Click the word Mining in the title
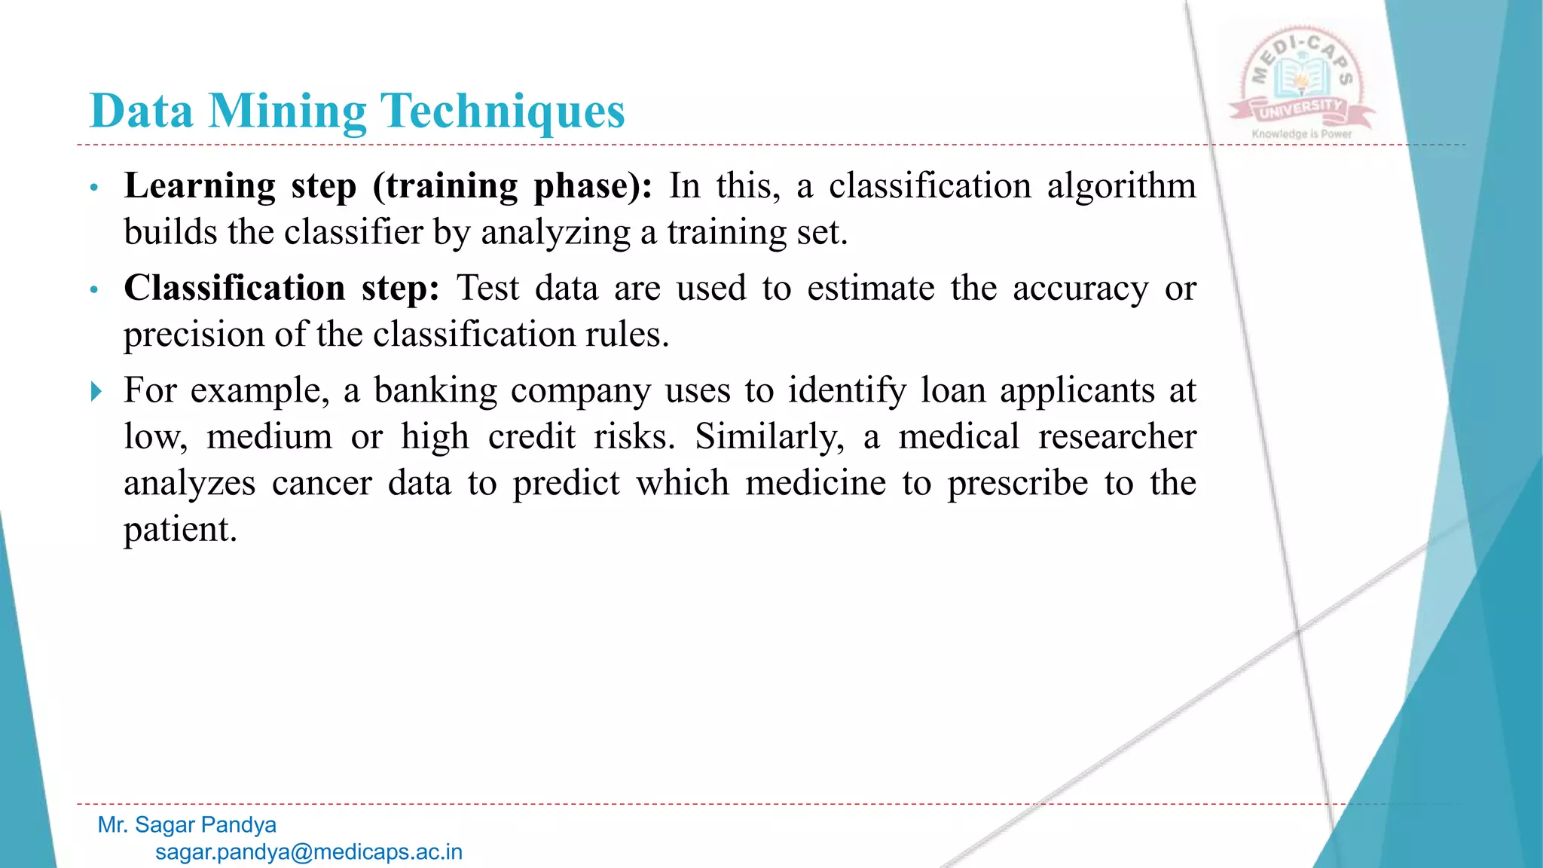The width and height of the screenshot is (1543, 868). (287, 112)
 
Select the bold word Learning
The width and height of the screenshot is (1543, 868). (200, 186)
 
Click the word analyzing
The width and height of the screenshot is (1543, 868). (555, 233)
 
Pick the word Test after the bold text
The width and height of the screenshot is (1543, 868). (488, 289)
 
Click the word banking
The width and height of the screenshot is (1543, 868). (435, 391)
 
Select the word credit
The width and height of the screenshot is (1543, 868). (532, 437)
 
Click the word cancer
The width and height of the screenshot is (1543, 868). (322, 483)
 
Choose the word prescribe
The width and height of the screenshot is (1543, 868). (1018, 483)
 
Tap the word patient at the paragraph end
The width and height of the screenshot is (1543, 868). (180, 530)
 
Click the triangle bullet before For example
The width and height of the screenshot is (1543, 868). (96, 391)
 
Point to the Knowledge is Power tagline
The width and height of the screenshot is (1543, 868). (1302, 134)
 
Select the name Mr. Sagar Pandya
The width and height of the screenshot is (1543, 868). (187, 825)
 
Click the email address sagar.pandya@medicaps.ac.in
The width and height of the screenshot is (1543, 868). (309, 852)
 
